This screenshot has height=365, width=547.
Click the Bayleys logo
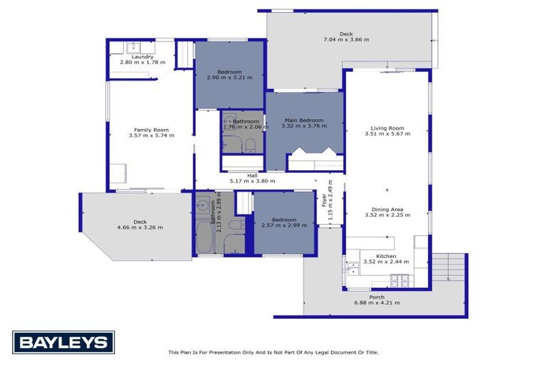click(x=63, y=342)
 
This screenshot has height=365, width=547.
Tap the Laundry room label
click(x=143, y=57)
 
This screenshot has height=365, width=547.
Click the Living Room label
click(x=387, y=128)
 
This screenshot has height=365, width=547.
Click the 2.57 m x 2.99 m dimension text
click(x=283, y=225)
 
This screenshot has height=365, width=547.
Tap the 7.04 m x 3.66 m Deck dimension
click(x=346, y=40)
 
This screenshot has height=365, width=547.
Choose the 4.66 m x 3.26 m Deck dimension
click(x=140, y=227)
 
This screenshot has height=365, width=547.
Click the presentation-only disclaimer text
click(x=273, y=352)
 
